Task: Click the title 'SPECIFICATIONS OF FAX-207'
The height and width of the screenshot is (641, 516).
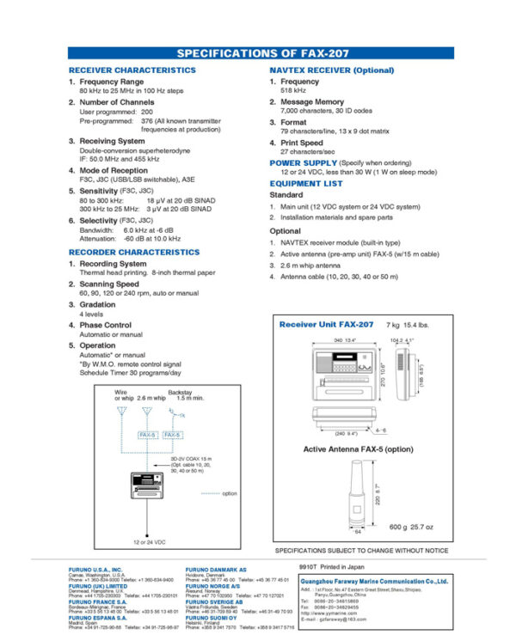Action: click(258, 53)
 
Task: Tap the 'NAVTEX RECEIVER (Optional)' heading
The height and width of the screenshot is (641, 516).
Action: click(332, 70)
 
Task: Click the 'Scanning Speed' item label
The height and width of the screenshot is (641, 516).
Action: click(109, 284)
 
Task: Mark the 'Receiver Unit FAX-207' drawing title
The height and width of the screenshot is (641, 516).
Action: click(326, 325)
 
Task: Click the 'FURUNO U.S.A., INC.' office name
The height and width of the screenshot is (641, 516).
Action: click(95, 569)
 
